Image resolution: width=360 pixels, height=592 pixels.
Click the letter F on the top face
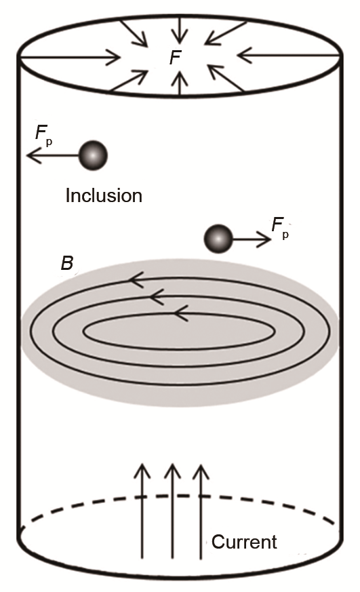pyautogui.click(x=176, y=58)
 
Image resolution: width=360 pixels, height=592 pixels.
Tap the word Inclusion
pyautogui.click(x=104, y=195)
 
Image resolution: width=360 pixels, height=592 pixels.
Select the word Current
pyautogui.click(x=244, y=542)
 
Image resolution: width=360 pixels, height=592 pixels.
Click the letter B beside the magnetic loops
pyautogui.click(x=67, y=263)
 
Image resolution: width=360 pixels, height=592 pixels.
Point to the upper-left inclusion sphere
pyautogui.click(x=93, y=155)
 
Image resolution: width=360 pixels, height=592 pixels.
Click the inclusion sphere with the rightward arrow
pyautogui.click(x=218, y=239)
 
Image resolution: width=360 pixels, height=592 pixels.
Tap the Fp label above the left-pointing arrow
pyautogui.click(x=44, y=135)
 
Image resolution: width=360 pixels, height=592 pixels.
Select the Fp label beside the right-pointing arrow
pyautogui.click(x=281, y=229)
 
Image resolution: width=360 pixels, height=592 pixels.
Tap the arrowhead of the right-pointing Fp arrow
pyautogui.click(x=264, y=239)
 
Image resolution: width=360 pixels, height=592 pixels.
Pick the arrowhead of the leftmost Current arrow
pyautogui.click(x=142, y=471)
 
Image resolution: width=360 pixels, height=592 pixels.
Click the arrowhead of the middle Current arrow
pyautogui.click(x=172, y=471)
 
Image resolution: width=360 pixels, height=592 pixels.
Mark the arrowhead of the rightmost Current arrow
pyautogui.click(x=201, y=471)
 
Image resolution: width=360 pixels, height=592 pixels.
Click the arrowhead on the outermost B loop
pyautogui.click(x=136, y=280)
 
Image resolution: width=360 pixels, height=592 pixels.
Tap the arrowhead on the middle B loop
pyautogui.click(x=157, y=297)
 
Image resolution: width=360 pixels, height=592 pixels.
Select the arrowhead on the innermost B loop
pyautogui.click(x=181, y=313)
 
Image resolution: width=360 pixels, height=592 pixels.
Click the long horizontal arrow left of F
pyautogui.click(x=70, y=58)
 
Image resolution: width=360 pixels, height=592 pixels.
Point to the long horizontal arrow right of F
pyautogui.click(x=289, y=56)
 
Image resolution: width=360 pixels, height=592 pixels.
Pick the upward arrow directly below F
pyautogui.click(x=181, y=82)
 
